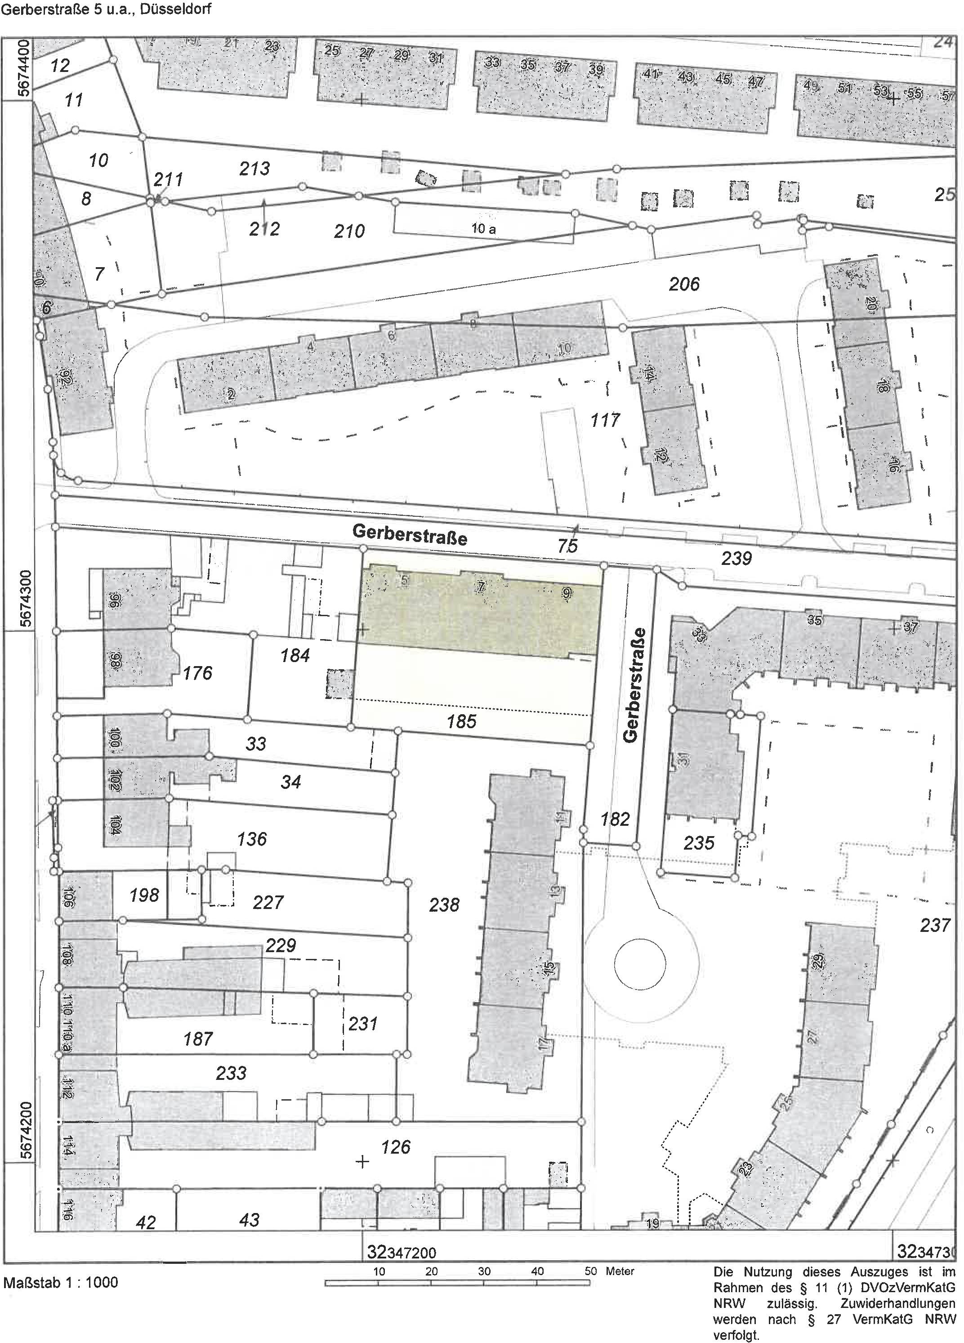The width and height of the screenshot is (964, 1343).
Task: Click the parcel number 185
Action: pos(461,721)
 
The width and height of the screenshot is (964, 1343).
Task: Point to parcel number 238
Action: pos(444,904)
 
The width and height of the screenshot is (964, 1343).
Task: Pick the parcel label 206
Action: pos(684,284)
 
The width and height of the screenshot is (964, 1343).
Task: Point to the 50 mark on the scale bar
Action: pos(590,1271)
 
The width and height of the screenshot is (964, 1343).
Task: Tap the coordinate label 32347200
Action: pos(402,1253)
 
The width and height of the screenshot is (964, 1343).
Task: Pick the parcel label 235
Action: pos(699,842)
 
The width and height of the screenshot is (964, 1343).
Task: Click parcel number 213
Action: pos(254,169)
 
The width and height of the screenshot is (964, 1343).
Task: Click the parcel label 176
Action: pos(197,673)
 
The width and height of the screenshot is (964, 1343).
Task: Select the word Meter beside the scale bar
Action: pos(620,1271)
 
